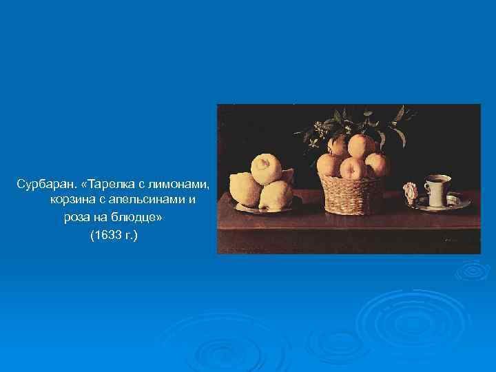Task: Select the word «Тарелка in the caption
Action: (102, 185)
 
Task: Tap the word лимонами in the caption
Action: (184, 185)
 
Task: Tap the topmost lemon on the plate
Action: (265, 168)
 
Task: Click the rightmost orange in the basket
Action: (378, 165)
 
